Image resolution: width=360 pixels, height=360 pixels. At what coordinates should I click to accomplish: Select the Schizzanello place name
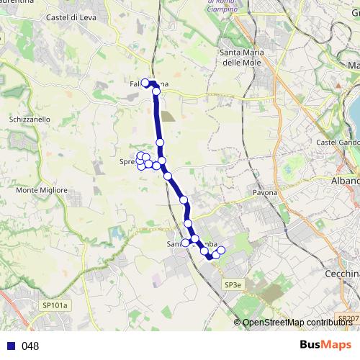pyautogui.click(x=30, y=119)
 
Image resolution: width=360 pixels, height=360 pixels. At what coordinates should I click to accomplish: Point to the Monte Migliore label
pyautogui.click(x=42, y=190)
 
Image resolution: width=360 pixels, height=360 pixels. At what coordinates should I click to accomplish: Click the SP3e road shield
pyautogui.click(x=232, y=286)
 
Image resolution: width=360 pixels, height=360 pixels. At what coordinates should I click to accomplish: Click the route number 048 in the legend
pyautogui.click(x=30, y=346)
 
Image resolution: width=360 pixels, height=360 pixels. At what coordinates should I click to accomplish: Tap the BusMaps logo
pyautogui.click(x=326, y=345)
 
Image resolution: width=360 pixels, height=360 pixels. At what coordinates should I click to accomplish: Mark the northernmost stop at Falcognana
pyautogui.click(x=145, y=83)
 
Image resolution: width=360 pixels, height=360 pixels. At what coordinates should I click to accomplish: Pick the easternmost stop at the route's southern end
pyautogui.click(x=221, y=251)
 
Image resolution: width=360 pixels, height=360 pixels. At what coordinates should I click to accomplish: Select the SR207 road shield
pyautogui.click(x=348, y=318)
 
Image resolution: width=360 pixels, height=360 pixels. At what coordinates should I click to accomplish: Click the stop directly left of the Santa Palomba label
pyautogui.click(x=185, y=243)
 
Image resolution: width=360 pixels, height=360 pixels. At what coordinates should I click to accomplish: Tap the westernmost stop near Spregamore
pyautogui.click(x=140, y=156)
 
